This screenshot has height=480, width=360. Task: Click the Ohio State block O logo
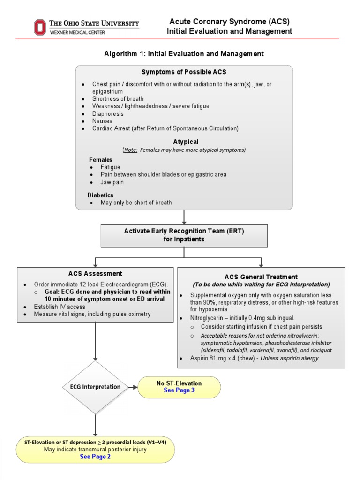click(40, 27)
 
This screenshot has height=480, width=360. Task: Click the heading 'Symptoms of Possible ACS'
click(184, 72)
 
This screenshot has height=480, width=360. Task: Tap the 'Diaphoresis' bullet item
click(108, 113)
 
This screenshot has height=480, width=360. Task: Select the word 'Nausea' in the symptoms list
click(102, 121)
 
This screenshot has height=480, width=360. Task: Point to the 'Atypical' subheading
click(186, 142)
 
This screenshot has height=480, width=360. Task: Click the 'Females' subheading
click(101, 160)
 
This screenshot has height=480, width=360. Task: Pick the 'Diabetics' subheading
click(100, 195)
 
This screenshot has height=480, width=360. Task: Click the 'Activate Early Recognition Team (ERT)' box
click(184, 235)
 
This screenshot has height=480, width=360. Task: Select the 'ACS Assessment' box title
click(95, 273)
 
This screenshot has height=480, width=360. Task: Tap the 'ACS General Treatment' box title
click(261, 277)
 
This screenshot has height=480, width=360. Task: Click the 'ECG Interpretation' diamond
click(95, 387)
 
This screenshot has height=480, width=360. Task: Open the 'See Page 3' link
click(179, 390)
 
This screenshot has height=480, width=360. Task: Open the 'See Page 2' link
click(95, 457)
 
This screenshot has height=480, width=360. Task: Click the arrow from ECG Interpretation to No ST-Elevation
click(133, 387)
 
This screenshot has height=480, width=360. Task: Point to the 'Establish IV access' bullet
click(60, 307)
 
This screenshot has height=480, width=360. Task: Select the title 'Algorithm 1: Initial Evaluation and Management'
click(184, 54)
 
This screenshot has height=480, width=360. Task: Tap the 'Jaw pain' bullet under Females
click(112, 182)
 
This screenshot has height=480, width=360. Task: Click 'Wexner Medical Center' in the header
click(78, 32)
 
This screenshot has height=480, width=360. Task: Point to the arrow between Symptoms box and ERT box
click(184, 217)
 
